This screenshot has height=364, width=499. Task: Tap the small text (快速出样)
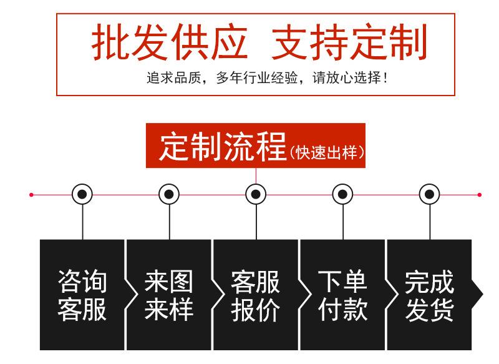click(326, 152)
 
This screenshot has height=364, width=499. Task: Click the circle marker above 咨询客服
click(82, 195)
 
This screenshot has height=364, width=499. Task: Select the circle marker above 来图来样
click(169, 195)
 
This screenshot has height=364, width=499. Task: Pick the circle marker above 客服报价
click(256, 195)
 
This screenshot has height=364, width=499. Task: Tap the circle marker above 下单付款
click(342, 195)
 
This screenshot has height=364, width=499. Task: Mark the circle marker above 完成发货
click(429, 195)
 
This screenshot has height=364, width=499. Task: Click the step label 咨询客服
click(82, 295)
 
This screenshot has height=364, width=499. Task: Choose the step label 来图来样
click(169, 295)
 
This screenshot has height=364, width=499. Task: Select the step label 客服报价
click(256, 295)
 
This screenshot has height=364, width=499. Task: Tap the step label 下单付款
click(342, 295)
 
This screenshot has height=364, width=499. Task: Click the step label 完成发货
click(429, 295)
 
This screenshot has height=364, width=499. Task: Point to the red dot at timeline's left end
click(31, 195)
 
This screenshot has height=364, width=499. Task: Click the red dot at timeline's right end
click(479, 195)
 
